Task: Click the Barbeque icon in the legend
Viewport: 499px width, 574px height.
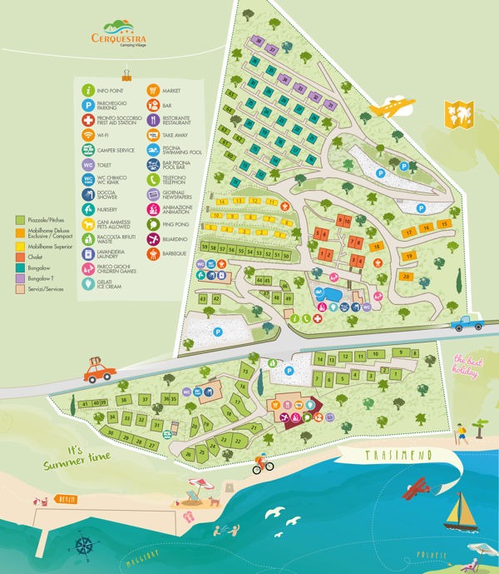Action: (154, 254)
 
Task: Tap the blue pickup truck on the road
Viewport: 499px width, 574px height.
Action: (467, 323)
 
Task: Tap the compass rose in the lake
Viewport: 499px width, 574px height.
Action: (83, 546)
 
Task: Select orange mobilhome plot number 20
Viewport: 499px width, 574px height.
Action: (406, 276)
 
